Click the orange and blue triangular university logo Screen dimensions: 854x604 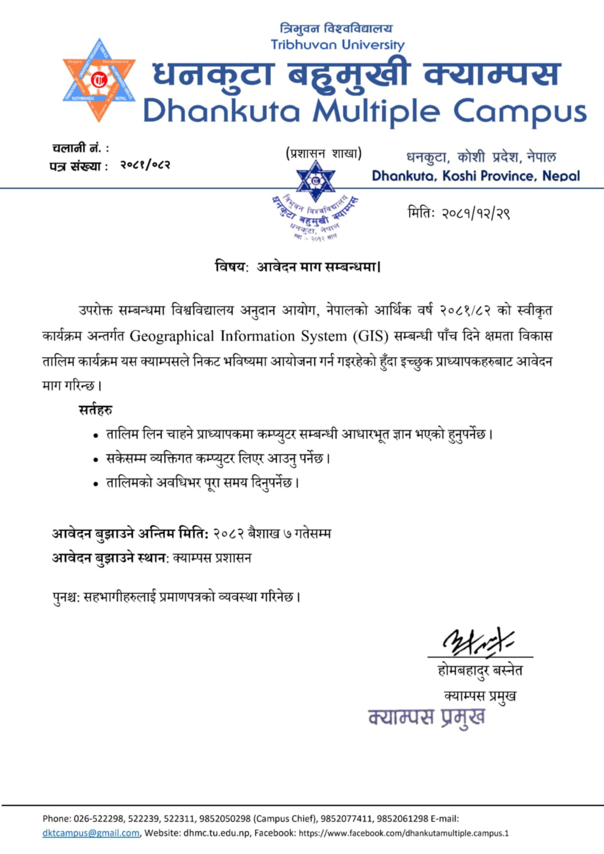pos(99,80)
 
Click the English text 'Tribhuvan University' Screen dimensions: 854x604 pos(337,45)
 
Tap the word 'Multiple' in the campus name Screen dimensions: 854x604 pos(376,112)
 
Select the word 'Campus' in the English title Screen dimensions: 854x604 pos(520,112)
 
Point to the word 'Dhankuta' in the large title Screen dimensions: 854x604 pos(221,112)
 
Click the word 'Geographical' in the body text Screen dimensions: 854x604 pos(171,336)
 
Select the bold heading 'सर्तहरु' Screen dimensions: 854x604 pos(95,410)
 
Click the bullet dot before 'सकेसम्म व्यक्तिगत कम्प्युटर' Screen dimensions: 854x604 pos(96,460)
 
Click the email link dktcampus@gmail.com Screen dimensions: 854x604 pos(91,833)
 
